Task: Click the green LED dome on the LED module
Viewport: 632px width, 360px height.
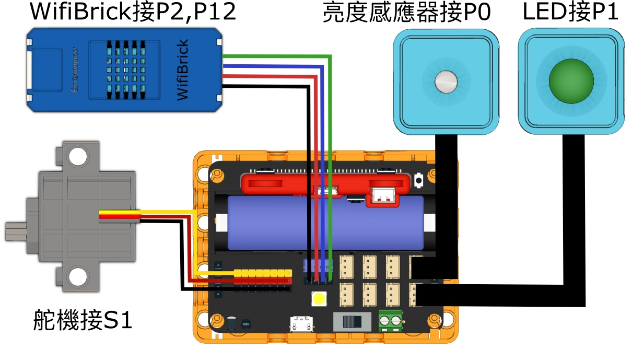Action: [571, 82]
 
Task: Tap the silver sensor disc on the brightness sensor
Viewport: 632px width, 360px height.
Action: [447, 81]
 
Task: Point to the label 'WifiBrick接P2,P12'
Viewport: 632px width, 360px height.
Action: [133, 13]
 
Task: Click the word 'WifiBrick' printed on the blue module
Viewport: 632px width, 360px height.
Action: [182, 70]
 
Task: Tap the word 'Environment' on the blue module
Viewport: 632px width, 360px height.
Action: [75, 70]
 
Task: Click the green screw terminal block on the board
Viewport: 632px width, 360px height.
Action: [390, 319]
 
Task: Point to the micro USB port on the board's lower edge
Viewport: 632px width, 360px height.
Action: [301, 324]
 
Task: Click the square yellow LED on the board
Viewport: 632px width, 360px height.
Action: [318, 299]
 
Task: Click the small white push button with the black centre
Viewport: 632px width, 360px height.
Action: [418, 181]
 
